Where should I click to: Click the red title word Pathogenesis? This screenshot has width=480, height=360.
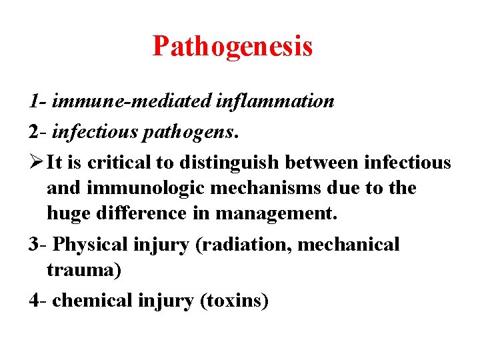coord(232,47)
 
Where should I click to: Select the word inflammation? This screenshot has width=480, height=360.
coord(275,101)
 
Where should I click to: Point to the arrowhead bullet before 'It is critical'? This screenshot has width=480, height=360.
coord(36,162)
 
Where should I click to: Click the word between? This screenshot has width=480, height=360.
coord(319,162)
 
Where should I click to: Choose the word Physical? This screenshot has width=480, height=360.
coord(91,244)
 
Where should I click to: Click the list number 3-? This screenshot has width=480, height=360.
coord(38,244)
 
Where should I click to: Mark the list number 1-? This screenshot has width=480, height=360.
coord(37,101)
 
